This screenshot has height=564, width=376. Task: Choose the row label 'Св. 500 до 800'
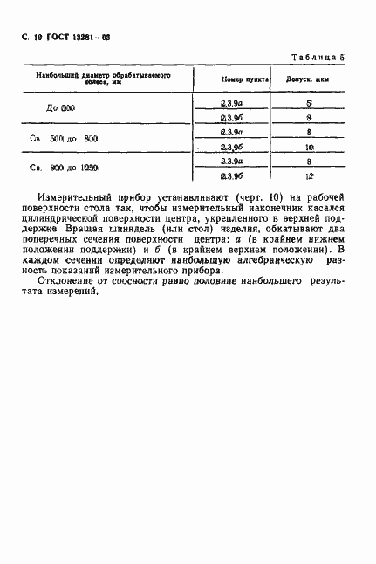point(69,140)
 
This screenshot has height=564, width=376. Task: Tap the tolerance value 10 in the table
point(309,148)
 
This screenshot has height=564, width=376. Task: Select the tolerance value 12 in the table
point(309,177)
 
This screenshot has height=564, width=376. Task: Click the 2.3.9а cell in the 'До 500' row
point(231,103)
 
